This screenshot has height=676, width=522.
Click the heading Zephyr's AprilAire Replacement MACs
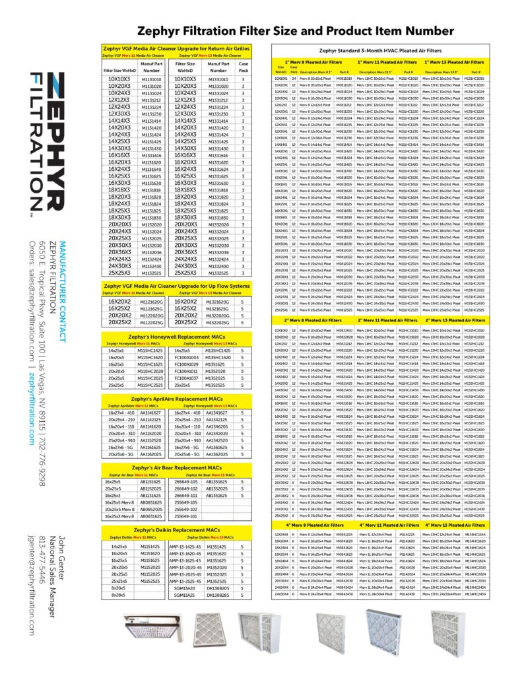(x=176, y=400)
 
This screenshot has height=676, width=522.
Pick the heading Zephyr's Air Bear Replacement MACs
(x=176, y=467)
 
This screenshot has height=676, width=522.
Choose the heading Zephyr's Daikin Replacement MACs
(x=176, y=530)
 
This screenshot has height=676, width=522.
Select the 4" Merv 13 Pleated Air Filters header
(x=454, y=525)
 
